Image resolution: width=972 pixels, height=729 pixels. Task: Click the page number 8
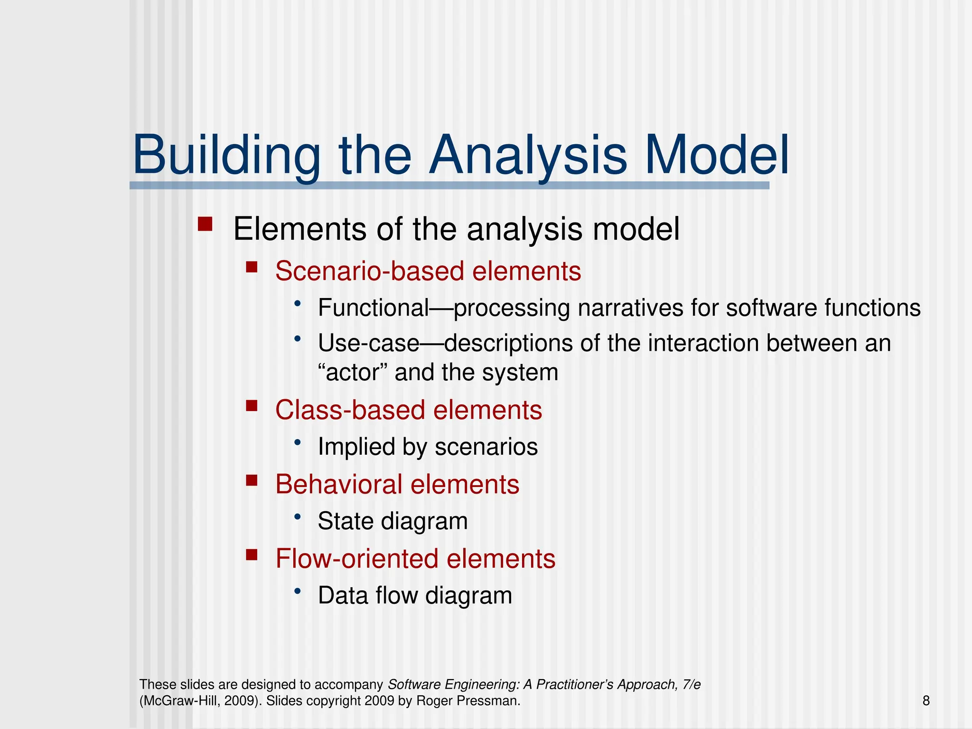click(926, 701)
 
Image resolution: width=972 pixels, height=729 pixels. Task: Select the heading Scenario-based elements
click(428, 271)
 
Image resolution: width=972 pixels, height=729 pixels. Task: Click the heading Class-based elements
click(409, 410)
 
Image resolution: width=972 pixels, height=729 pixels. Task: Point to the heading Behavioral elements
click(397, 485)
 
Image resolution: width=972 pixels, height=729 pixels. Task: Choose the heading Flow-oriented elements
click(415, 559)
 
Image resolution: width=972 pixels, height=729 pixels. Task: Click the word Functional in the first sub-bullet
click(374, 308)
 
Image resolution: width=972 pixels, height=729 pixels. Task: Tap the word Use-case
click(368, 343)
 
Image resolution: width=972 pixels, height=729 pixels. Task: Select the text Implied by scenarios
click(428, 447)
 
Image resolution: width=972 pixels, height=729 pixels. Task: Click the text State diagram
click(393, 521)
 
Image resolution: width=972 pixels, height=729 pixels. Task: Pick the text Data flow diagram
click(415, 596)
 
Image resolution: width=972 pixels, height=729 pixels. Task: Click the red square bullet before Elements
click(205, 224)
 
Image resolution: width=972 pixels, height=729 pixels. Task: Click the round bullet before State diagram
click(298, 516)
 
